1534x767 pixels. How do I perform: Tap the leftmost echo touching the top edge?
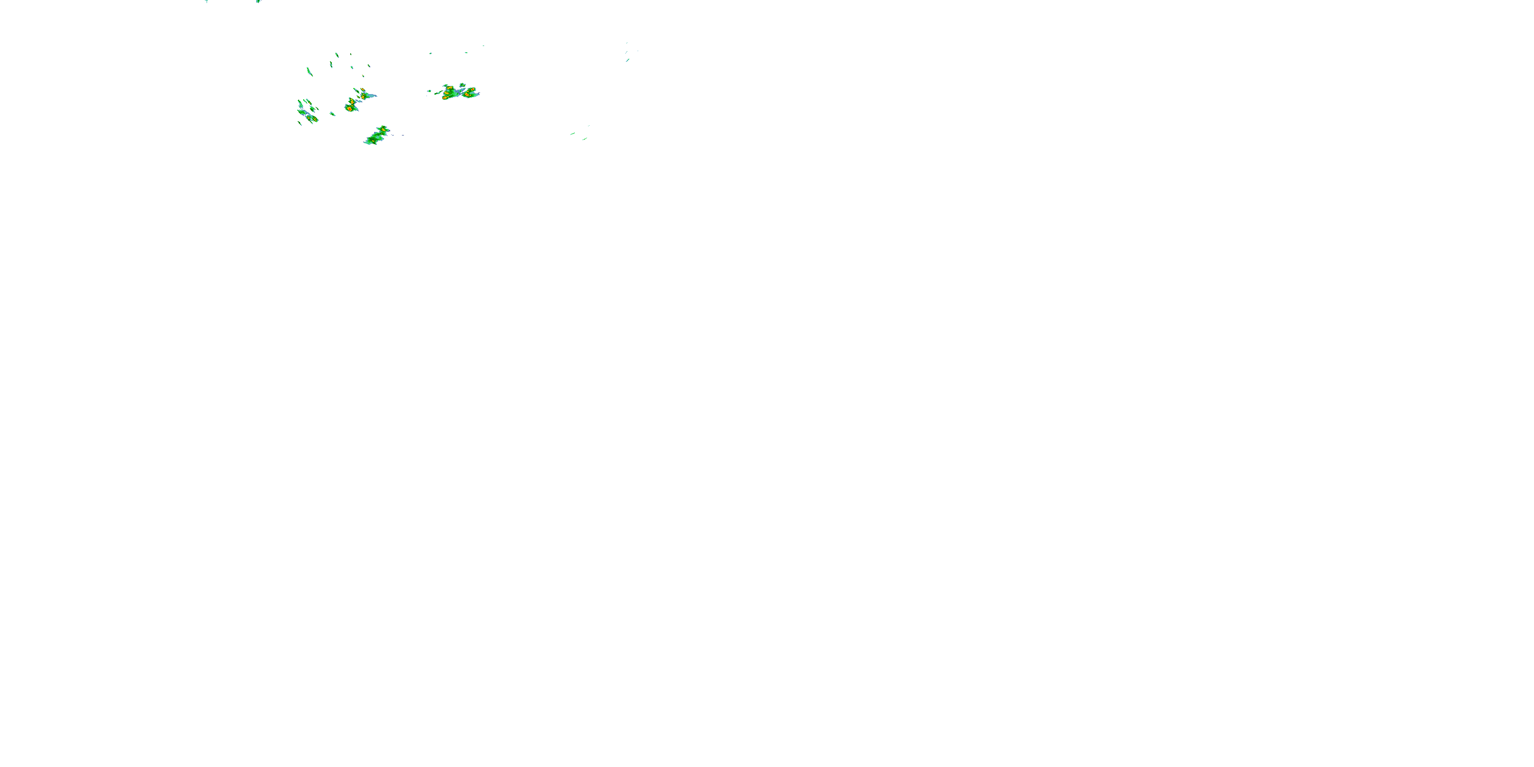[x=206, y=1]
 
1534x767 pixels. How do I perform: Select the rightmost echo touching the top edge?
[x=258, y=1]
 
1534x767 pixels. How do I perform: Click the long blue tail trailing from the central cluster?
[x=370, y=95]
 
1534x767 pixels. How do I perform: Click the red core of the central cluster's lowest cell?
[x=349, y=108]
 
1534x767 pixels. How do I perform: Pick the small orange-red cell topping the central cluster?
[x=362, y=91]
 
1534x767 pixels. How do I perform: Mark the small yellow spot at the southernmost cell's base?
[x=373, y=141]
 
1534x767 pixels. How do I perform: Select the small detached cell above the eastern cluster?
[x=462, y=84]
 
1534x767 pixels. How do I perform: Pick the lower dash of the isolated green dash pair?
[x=585, y=139]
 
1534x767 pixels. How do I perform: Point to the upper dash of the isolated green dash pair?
[x=572, y=133]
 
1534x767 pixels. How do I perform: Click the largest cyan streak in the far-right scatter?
[x=627, y=59]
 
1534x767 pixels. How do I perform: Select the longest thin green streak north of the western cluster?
[x=309, y=72]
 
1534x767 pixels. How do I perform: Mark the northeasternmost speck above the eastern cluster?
[x=483, y=46]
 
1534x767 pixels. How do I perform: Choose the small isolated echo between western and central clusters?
[x=332, y=113]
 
